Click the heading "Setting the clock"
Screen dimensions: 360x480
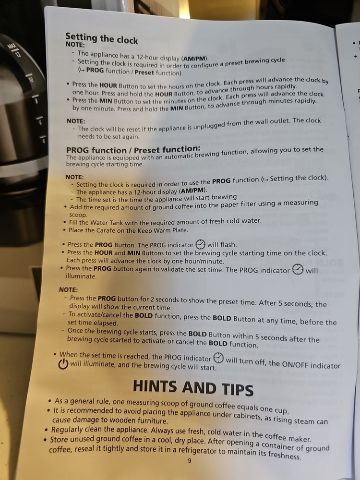[x=102, y=38]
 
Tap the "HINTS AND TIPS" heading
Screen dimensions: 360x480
[x=193, y=387]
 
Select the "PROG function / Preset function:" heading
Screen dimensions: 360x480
[x=133, y=150]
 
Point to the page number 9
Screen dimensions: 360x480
[x=190, y=460]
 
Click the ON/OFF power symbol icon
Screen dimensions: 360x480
[x=63, y=364]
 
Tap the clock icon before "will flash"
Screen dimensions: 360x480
[x=200, y=244]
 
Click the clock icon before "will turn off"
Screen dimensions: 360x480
[x=218, y=357]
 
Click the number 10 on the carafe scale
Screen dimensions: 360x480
[x=31, y=80]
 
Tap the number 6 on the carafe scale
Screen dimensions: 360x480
[x=40, y=123]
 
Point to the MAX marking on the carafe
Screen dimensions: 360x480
[x=12, y=46]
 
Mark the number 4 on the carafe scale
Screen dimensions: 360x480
[x=44, y=141]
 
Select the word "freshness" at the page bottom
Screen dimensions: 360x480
[x=284, y=455]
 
